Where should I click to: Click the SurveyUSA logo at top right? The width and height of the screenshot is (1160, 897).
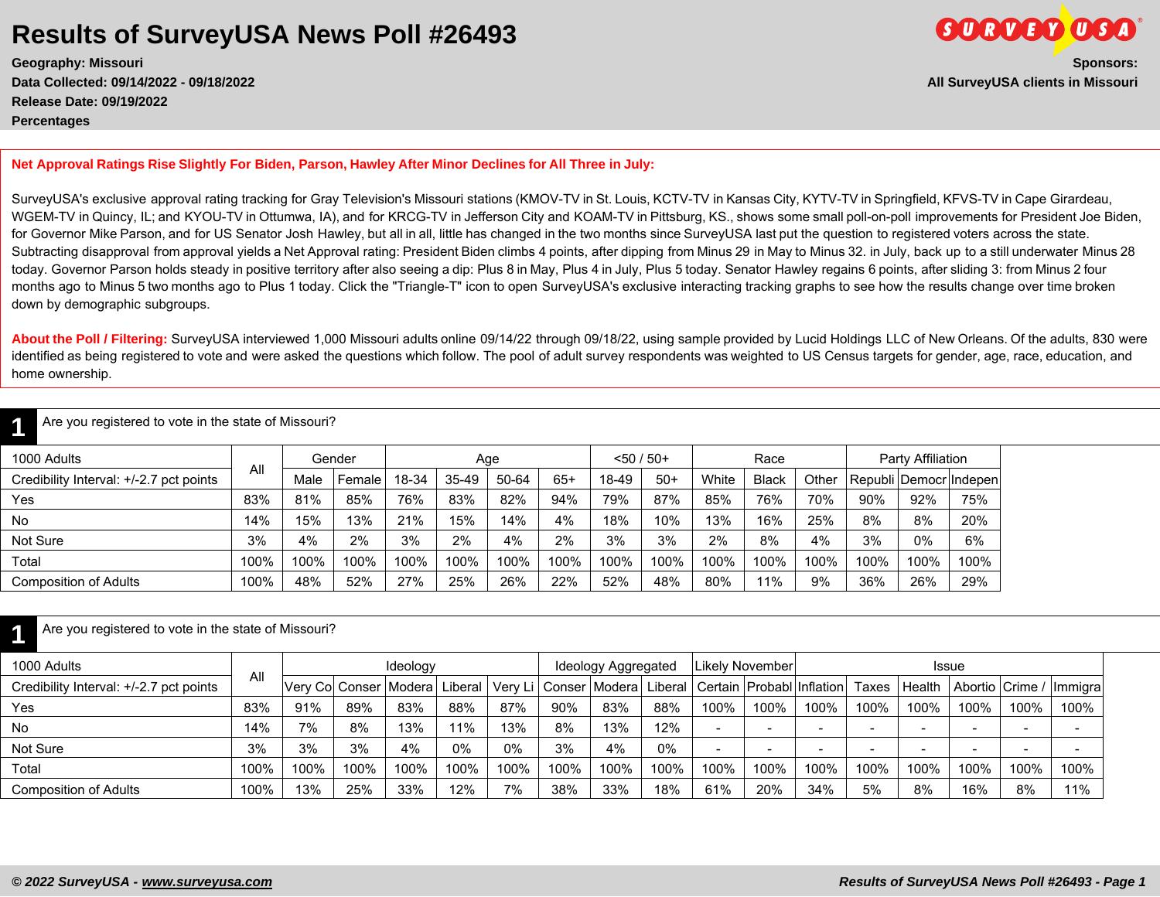[1036, 29]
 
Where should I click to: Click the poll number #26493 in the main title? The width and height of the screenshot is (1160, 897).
[471, 35]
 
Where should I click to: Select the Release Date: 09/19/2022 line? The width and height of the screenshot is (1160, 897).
[90, 101]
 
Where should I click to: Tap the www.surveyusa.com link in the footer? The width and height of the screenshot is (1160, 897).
[206, 882]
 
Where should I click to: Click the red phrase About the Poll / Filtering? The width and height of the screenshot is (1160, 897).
[90, 339]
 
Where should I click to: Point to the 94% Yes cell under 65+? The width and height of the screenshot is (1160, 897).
[564, 500]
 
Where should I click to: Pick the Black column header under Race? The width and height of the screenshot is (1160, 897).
[769, 479]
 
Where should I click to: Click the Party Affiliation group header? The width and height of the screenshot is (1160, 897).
[923, 459]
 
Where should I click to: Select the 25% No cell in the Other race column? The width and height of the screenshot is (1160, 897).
[820, 520]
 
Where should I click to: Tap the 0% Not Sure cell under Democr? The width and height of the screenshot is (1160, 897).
[923, 541]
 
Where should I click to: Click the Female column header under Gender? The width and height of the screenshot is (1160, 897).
[359, 479]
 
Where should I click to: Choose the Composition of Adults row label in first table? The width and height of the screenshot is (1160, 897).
[76, 582]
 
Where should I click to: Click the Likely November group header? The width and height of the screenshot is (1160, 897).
[743, 666]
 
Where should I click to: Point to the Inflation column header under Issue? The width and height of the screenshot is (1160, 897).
[820, 687]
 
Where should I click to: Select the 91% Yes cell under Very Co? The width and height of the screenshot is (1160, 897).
[308, 708]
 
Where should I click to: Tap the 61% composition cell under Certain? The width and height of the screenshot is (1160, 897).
[718, 790]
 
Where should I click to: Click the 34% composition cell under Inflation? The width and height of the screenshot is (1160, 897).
[820, 790]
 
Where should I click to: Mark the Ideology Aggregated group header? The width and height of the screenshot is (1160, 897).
[616, 666]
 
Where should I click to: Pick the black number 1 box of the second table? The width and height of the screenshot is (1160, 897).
[19, 634]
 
